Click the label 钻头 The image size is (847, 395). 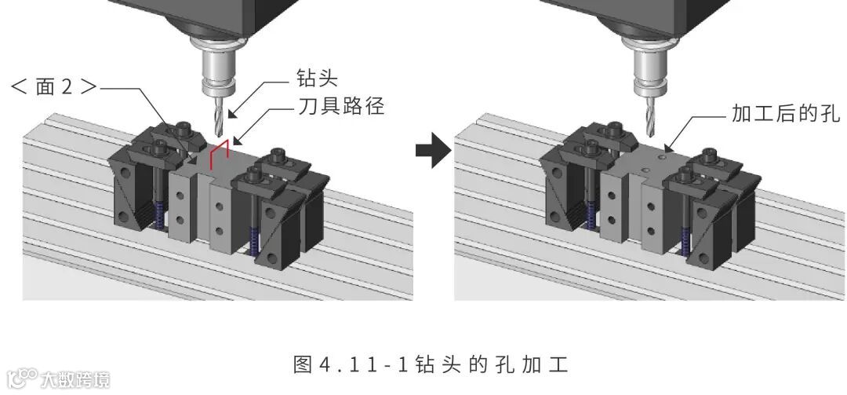point(317,79)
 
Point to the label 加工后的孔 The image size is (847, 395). point(785,114)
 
